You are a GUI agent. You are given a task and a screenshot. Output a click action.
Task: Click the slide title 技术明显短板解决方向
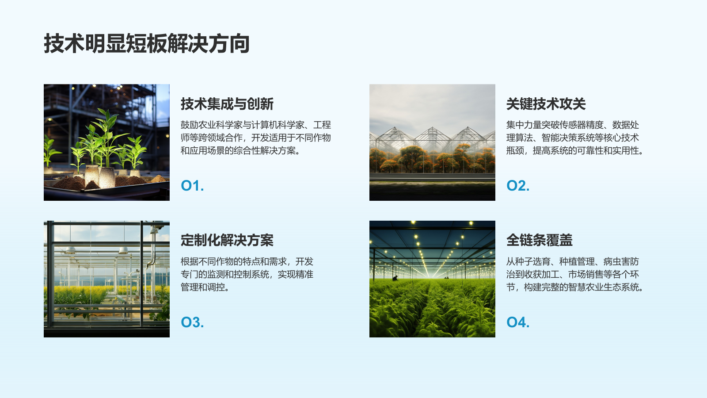coord(147,44)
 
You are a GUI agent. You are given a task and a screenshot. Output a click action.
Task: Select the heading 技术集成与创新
coord(227,104)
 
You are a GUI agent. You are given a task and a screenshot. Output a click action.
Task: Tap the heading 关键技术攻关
coord(546,104)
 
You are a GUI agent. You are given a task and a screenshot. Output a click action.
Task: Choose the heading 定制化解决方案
coord(227,240)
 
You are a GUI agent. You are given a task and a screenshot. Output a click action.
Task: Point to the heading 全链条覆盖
coord(539,240)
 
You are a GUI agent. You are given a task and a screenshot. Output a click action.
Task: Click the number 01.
coord(192,186)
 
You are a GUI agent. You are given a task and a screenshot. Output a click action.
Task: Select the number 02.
coord(518,186)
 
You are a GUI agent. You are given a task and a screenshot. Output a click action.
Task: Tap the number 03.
coord(192,322)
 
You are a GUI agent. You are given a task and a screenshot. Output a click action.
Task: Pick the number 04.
coord(518,322)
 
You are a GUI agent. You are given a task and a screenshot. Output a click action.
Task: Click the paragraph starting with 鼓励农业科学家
coord(255,138)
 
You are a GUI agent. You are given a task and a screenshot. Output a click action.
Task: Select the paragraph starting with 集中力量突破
coord(574,138)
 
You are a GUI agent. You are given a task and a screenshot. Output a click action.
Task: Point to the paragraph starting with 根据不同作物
coord(247,274)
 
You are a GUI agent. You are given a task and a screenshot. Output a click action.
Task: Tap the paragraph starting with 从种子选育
coord(574,274)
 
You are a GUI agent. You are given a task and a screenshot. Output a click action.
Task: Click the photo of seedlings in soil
coord(106,142)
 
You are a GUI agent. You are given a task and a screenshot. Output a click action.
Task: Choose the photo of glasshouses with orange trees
coord(432,142)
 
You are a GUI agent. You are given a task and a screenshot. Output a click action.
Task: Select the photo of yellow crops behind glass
coord(106,279)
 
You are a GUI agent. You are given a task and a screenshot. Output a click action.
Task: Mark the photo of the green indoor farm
coord(432,279)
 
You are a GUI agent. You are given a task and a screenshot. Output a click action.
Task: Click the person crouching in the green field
coord(395,278)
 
